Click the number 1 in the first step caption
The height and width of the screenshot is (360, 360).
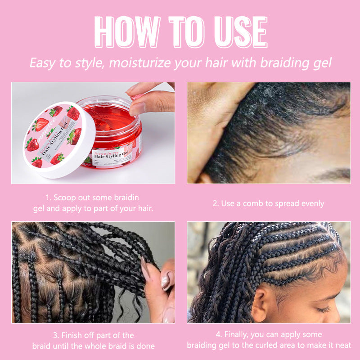point(48,198)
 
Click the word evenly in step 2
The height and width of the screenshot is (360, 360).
point(310,203)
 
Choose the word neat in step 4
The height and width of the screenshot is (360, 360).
point(342,345)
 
